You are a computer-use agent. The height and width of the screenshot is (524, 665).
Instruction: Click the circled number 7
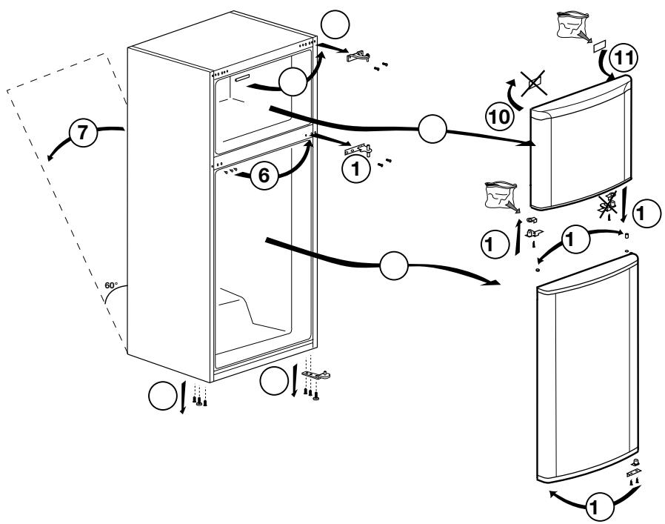click(x=82, y=134)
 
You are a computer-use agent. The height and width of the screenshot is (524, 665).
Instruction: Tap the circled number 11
click(x=621, y=57)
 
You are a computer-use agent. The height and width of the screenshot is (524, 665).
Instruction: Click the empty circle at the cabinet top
click(x=335, y=28)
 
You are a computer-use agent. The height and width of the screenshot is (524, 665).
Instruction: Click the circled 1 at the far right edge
click(x=645, y=212)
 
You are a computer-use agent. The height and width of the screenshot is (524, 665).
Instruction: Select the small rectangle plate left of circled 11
click(x=598, y=44)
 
